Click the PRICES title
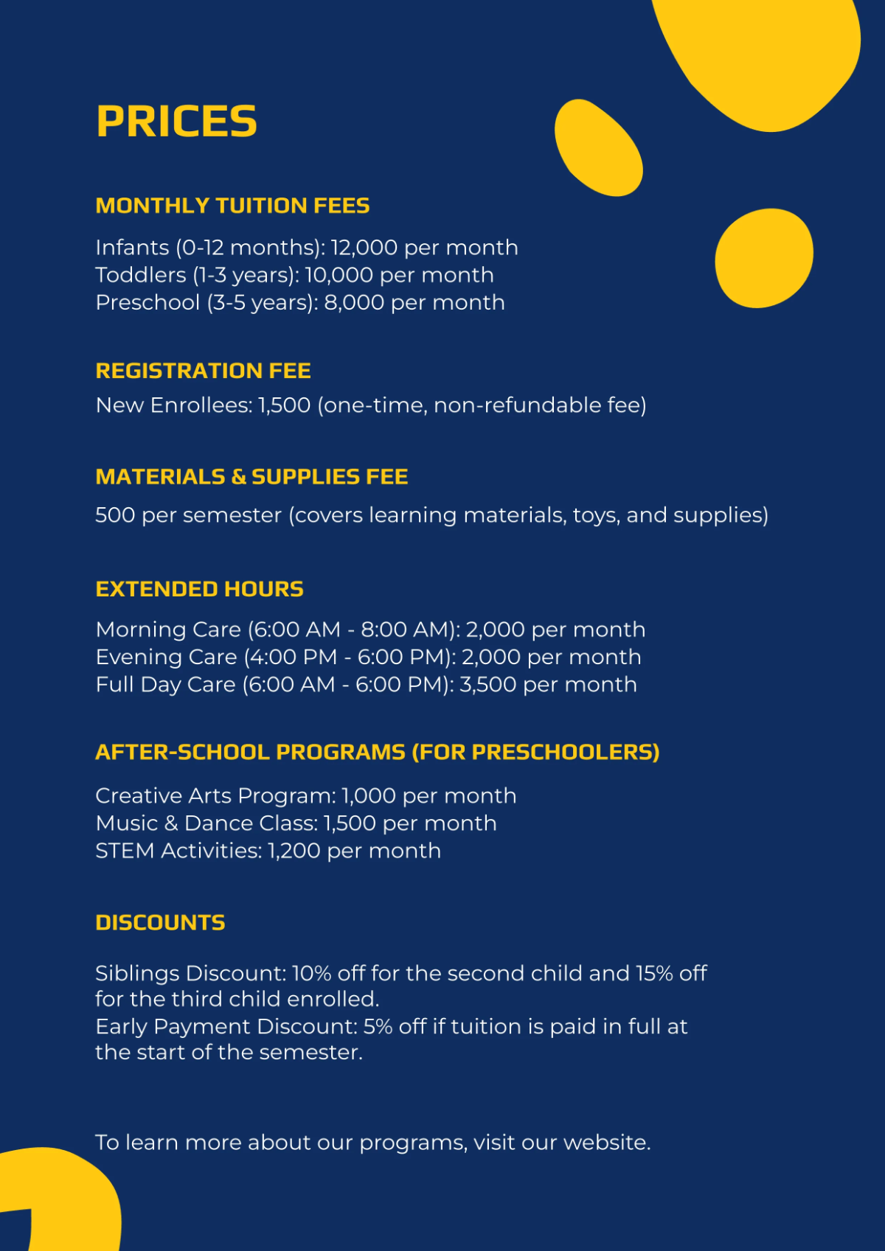pyautogui.click(x=176, y=122)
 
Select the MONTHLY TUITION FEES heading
pyautogui.click(x=232, y=206)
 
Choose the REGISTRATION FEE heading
pyautogui.click(x=203, y=371)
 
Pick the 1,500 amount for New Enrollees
pyautogui.click(x=284, y=405)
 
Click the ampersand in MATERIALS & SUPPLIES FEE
pyautogui.click(x=238, y=477)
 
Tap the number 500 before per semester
pyautogui.click(x=115, y=515)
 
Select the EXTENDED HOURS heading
pyautogui.click(x=199, y=589)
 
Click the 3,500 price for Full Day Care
pyautogui.click(x=487, y=685)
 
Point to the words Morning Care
pyautogui.click(x=168, y=630)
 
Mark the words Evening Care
pyautogui.click(x=166, y=657)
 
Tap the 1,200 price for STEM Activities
pyautogui.click(x=294, y=851)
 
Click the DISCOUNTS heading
pyautogui.click(x=160, y=923)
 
